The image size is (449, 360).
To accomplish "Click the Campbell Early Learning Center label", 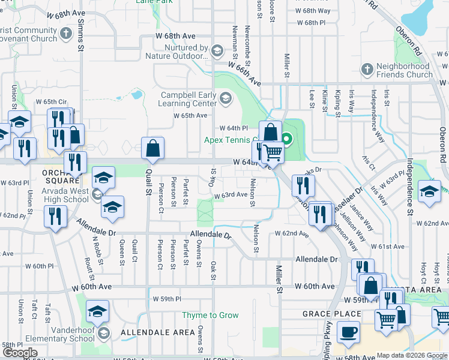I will tap(189, 100).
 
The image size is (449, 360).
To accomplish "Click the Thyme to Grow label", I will tap(211, 315).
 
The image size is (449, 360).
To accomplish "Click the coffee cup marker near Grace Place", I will tap(348, 331).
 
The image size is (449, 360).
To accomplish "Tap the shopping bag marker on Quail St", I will tap(153, 148).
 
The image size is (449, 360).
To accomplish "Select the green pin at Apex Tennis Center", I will tap(287, 139).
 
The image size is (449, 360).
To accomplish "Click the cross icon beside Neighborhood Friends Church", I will tap(367, 70).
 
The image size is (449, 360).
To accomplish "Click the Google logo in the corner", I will tap(20, 352).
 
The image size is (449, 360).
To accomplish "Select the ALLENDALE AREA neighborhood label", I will tap(149, 332).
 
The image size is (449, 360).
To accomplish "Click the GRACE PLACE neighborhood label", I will tap(332, 314).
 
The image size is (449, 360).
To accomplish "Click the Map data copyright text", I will tap(411, 355).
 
